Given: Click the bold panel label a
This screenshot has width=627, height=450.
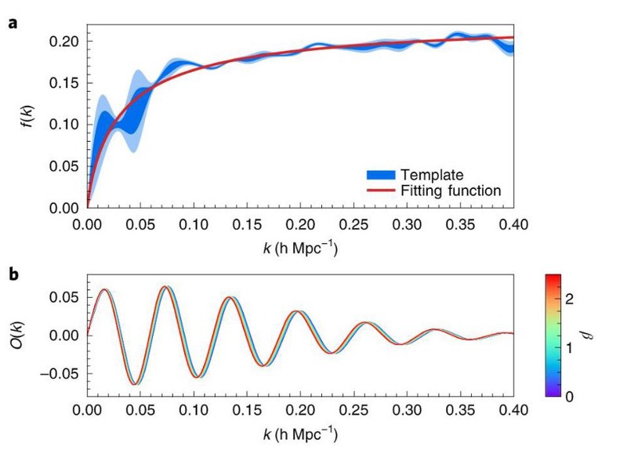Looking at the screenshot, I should [x=13, y=23].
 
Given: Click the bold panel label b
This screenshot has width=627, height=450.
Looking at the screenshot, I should [x=13, y=274].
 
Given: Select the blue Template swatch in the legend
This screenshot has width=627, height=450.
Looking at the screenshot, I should [x=379, y=174].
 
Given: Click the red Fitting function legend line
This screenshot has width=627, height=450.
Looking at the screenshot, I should [x=379, y=191].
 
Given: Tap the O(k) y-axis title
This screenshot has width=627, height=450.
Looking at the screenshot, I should [x=28, y=335].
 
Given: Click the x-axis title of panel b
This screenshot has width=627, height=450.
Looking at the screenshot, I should [x=300, y=431].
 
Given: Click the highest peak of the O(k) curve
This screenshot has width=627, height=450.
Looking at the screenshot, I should [x=164, y=287].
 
